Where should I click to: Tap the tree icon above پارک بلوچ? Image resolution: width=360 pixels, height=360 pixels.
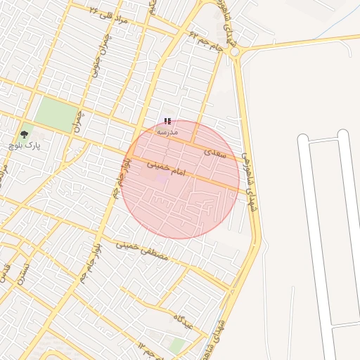pos(25,134)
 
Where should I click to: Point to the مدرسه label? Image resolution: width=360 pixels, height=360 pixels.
pos(167,131)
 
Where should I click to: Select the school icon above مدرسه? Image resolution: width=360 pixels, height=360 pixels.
pos(167,122)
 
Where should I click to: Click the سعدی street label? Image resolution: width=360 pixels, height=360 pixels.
pos(215,152)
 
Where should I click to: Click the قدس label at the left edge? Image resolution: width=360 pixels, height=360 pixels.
pos(6,270)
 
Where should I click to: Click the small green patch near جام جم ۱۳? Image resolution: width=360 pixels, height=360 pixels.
pos(178,345)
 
